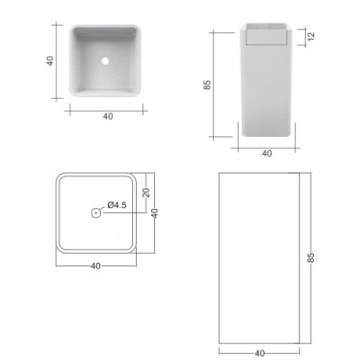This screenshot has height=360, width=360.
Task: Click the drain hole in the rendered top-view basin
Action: pos(105,61)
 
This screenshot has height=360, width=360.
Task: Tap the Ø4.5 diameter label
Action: pos(117,205)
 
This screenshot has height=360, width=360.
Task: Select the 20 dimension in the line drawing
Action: pos(146,192)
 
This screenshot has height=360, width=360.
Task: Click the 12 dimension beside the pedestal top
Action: pos(311,36)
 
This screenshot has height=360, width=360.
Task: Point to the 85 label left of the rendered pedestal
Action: pos(207,85)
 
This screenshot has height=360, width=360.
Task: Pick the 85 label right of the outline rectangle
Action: pos(311,257)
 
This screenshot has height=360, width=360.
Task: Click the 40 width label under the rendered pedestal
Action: pos(266,153)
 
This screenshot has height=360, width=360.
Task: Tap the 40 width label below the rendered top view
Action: pos(108,116)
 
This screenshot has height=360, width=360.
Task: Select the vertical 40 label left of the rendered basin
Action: pos(50,61)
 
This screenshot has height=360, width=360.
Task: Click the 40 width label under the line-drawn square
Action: pos(95,265)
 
